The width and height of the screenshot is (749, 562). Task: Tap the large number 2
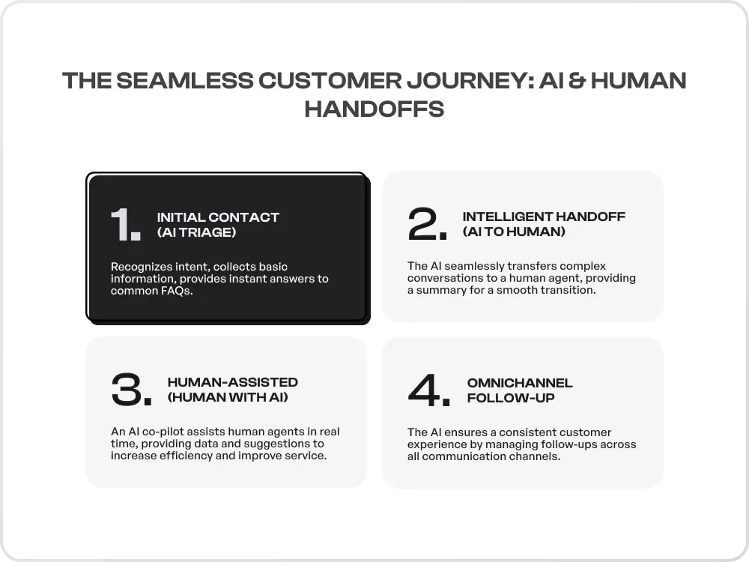pyautogui.click(x=422, y=223)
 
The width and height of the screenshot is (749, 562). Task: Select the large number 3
pyautogui.click(x=127, y=390)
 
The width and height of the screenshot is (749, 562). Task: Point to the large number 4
pyautogui.click(x=423, y=390)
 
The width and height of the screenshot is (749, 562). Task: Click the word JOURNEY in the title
pyautogui.click(x=470, y=80)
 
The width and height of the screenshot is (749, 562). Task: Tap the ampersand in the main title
pyautogui.click(x=576, y=80)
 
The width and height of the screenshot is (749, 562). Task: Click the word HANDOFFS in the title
pyautogui.click(x=374, y=109)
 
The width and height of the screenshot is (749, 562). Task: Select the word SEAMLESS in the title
pyautogui.click(x=185, y=80)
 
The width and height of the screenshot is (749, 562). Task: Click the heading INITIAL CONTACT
pyautogui.click(x=218, y=217)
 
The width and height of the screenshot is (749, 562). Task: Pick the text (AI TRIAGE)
pyautogui.click(x=197, y=232)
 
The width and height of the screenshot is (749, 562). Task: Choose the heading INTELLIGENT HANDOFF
pyautogui.click(x=544, y=217)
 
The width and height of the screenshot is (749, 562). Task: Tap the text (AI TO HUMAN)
pyautogui.click(x=514, y=232)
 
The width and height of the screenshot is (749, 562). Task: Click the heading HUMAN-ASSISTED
pyautogui.click(x=233, y=382)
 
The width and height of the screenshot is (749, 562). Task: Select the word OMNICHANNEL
pyautogui.click(x=520, y=383)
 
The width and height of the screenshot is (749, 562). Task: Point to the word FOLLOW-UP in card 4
pyautogui.click(x=511, y=398)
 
